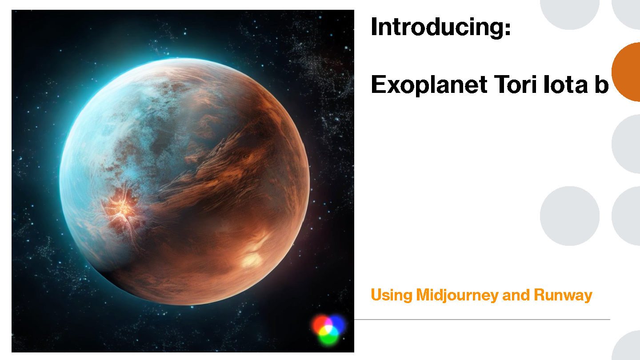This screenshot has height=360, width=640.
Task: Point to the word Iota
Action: pos(565,84)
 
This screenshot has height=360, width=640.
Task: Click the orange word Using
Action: pos(392,296)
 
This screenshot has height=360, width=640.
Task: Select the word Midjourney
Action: pos(457,296)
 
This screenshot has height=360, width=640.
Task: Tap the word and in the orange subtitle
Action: pos(516,295)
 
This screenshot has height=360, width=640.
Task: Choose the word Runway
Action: pos(563,296)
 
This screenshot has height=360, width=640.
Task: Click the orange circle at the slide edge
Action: pos(626,72)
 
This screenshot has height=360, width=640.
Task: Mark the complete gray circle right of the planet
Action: pos(570,216)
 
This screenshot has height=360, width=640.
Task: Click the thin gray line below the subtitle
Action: pos(482,320)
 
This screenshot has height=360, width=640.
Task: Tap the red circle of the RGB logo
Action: pos(320,324)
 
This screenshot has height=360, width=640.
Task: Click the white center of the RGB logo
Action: pos(329,329)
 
